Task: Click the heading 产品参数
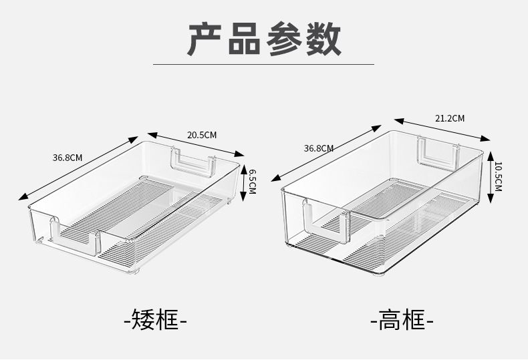point(264,39)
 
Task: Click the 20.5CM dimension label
point(201,135)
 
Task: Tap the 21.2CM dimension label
point(449,118)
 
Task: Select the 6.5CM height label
point(252,181)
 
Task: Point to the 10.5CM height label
point(498,175)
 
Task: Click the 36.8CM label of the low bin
point(67,158)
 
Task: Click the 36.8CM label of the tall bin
point(318,148)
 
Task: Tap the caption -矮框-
point(155,319)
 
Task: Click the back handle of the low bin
point(193,162)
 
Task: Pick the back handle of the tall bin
point(438,152)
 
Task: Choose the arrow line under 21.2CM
point(442,130)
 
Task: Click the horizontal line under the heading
point(263,64)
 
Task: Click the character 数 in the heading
point(322,39)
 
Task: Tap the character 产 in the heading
point(205,39)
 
